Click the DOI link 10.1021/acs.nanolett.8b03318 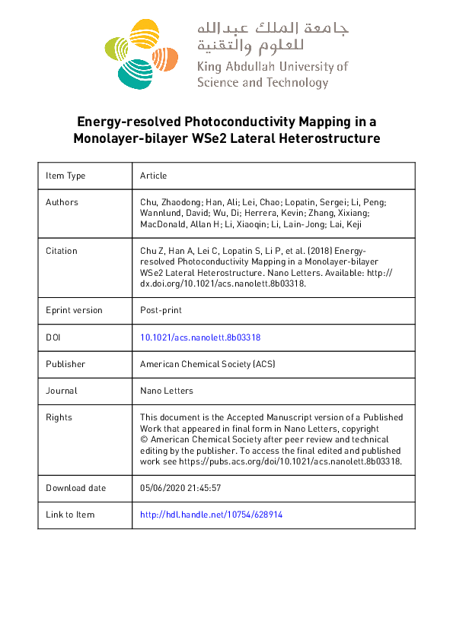click(x=201, y=337)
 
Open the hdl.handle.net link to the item click(x=212, y=515)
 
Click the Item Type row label click(x=65, y=176)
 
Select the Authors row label click(x=62, y=202)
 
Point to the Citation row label click(x=62, y=251)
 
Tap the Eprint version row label click(x=74, y=310)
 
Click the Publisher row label click(x=65, y=364)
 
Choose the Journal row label click(x=62, y=391)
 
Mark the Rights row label click(x=59, y=417)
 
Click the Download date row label click(x=76, y=488)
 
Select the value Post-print click(x=161, y=310)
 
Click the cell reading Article click(x=153, y=176)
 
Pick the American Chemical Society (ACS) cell click(x=207, y=364)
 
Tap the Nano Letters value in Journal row click(x=167, y=391)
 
